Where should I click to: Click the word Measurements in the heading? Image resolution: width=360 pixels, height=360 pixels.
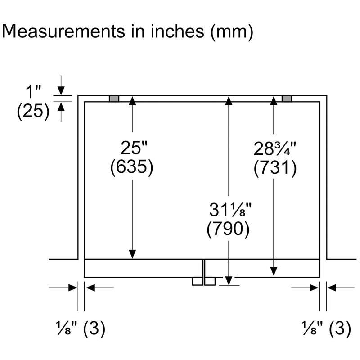click(x=63, y=31)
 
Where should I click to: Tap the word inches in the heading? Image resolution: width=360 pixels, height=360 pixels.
click(x=177, y=31)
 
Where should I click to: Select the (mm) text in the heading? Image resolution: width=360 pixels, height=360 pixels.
click(x=232, y=32)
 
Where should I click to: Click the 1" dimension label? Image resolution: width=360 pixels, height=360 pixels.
click(x=33, y=92)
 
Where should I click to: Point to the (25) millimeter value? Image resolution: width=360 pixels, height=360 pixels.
click(x=33, y=111)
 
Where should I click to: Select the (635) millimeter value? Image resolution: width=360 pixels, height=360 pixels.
click(x=132, y=167)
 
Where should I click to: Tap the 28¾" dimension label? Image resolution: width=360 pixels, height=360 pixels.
click(x=275, y=148)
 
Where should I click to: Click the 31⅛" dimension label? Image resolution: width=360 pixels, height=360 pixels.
click(x=230, y=210)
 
